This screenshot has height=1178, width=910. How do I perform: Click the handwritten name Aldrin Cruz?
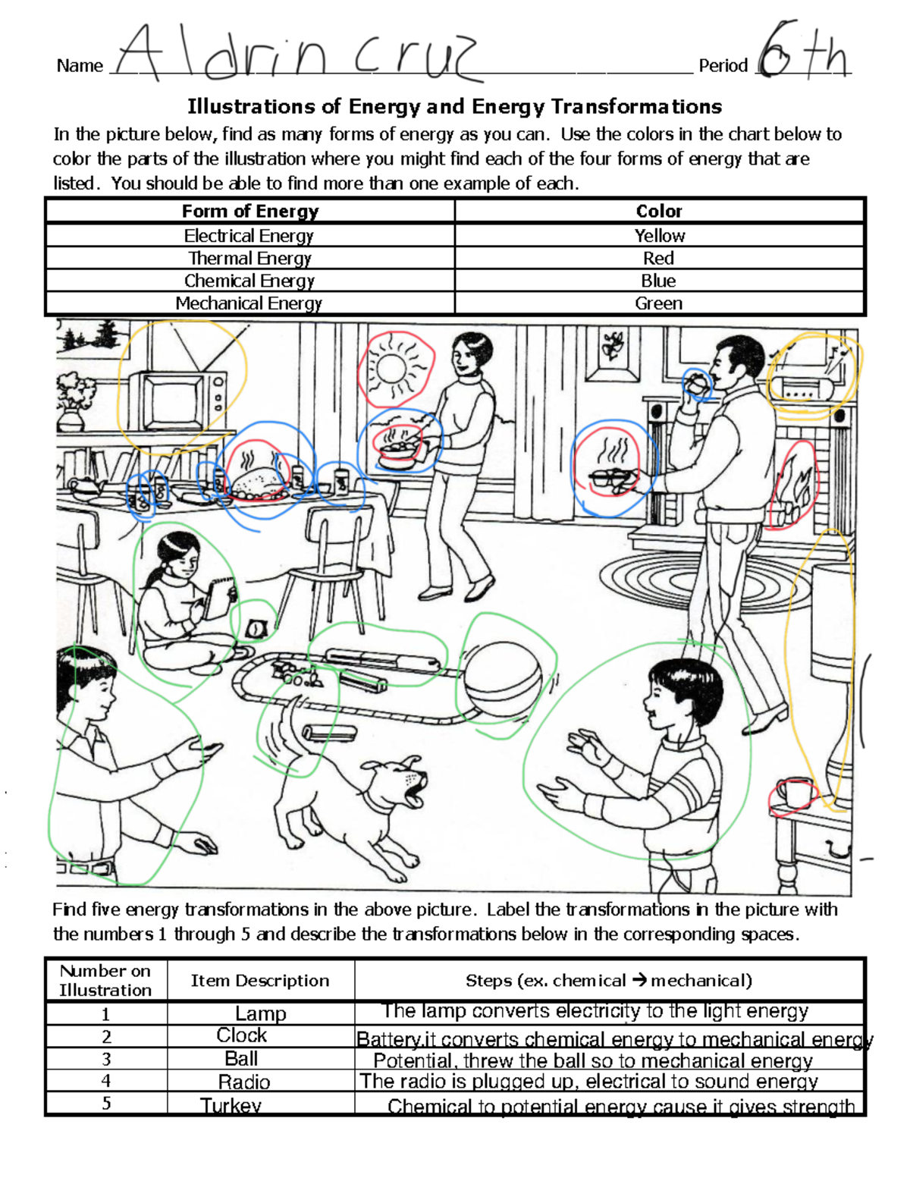point(296,53)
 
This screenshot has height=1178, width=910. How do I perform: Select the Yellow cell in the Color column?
point(659,235)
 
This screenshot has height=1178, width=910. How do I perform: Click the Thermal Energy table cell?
point(249,258)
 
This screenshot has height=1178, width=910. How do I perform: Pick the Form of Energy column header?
point(249,211)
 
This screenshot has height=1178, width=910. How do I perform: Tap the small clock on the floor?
point(256,628)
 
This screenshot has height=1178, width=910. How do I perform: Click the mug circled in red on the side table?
point(792,793)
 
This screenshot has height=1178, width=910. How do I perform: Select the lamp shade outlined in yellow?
point(831,622)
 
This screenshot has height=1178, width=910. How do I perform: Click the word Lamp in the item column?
point(260,1013)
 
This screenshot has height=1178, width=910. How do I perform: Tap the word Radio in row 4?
point(244,1082)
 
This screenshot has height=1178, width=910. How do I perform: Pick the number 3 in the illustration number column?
point(106,1059)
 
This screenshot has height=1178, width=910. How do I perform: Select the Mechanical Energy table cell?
point(249,303)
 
